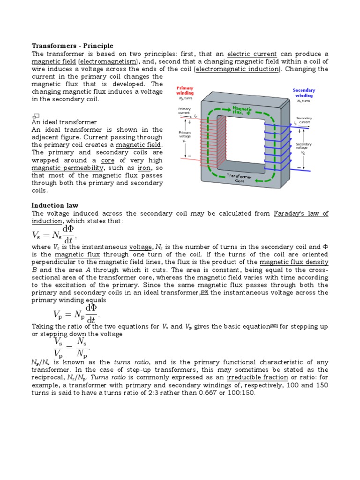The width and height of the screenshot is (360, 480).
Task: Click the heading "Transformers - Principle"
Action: point(72,46)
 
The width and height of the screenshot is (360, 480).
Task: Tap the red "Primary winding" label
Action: point(185,90)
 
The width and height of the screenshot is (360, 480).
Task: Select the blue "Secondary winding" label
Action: point(304,93)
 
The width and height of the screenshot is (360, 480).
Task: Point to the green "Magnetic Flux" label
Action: point(242,111)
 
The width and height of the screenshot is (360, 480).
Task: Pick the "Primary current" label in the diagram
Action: point(184,111)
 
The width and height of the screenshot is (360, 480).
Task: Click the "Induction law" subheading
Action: point(55,205)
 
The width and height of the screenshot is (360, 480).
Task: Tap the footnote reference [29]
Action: point(204,292)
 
